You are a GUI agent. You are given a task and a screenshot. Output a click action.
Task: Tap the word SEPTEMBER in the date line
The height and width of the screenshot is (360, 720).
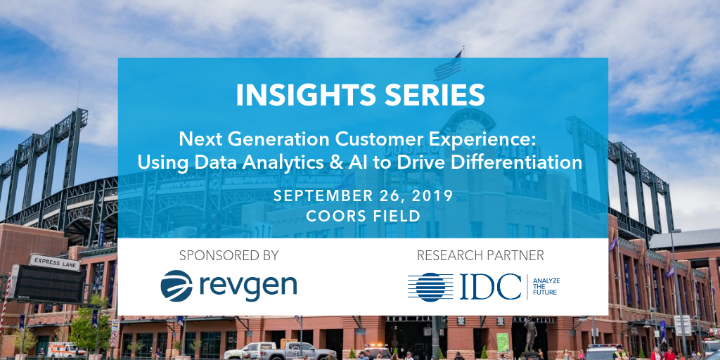coord(323,196)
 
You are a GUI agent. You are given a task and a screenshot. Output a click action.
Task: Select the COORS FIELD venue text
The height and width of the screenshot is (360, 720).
coord(364,216)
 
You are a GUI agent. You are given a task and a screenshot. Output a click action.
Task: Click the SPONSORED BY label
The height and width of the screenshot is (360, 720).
coord(229,255)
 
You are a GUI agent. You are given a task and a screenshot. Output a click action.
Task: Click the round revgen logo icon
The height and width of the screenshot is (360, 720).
coord(176,285)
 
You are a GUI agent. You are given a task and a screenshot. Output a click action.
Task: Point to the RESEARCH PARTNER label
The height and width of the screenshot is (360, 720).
coord(480,255)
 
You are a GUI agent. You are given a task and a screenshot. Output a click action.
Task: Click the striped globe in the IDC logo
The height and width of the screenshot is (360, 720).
coord(431,287)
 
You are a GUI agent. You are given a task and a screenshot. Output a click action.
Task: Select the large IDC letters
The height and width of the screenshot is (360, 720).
coord(490,287)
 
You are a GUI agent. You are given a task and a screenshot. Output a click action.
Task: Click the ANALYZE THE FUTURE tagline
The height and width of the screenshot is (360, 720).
coord(546,287)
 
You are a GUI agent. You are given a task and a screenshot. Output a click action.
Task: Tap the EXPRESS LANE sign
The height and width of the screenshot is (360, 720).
coord(55,263)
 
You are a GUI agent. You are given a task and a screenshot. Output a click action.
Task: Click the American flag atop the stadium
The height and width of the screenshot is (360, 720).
coord(448,67)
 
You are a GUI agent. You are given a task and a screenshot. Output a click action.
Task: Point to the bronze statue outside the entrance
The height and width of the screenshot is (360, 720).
coord(529,335)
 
